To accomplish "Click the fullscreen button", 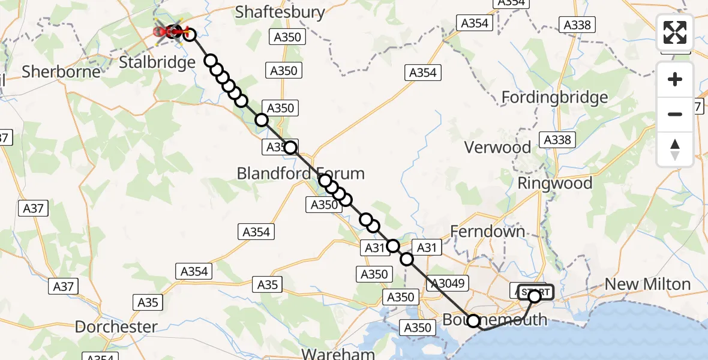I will point(675,32).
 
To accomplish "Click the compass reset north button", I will point(675,149).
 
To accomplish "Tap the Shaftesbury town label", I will point(280,12).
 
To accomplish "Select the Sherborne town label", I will point(61,72).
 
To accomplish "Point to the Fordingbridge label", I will point(554,97).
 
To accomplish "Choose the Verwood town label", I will point(497,148).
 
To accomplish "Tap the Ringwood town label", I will point(554,184).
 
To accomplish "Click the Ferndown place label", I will point(487,232).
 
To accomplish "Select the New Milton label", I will point(647,284).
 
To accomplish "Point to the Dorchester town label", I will point(116,328).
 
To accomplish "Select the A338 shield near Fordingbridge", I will point(577,25).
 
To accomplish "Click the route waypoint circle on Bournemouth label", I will point(473,321).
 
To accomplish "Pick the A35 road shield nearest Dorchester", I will point(148,302).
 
